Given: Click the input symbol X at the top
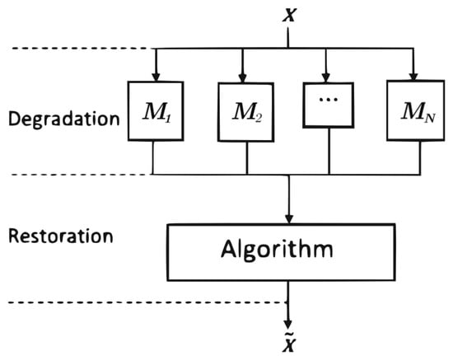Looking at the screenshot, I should tap(287, 14).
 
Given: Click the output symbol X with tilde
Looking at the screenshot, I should tap(287, 345).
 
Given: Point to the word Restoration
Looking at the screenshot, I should tap(59, 236).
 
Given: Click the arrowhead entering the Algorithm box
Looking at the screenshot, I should tap(287, 217).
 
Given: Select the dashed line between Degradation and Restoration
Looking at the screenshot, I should tap(74, 174).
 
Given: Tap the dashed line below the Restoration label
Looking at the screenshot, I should tap(74, 302).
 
